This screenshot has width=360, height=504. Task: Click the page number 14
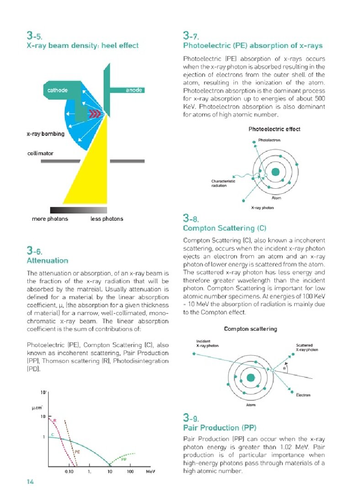pos(31,482)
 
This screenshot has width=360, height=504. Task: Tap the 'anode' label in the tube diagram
pos(134,90)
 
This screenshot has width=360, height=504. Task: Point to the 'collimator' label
pos(40,154)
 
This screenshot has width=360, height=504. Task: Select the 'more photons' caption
pos(50,219)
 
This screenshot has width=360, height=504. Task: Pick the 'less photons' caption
pos(107,219)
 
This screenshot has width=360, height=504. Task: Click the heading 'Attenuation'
pos(48,260)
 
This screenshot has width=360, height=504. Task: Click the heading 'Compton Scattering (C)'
pos(224,228)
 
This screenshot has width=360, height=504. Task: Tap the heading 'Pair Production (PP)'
pos(220,428)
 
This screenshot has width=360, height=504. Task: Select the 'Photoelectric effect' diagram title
pos(274,129)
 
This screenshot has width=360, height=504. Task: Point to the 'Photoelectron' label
pos(270,140)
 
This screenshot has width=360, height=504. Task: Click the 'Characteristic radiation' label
pos(223,183)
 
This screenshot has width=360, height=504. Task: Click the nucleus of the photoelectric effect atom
pos(275,172)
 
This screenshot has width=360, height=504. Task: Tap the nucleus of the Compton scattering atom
pos(250,377)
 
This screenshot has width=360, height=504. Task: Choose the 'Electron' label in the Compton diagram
pos(303,395)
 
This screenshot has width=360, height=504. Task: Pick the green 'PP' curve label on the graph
pos(124,459)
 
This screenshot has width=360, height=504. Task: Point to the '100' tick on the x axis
pos(130,471)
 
